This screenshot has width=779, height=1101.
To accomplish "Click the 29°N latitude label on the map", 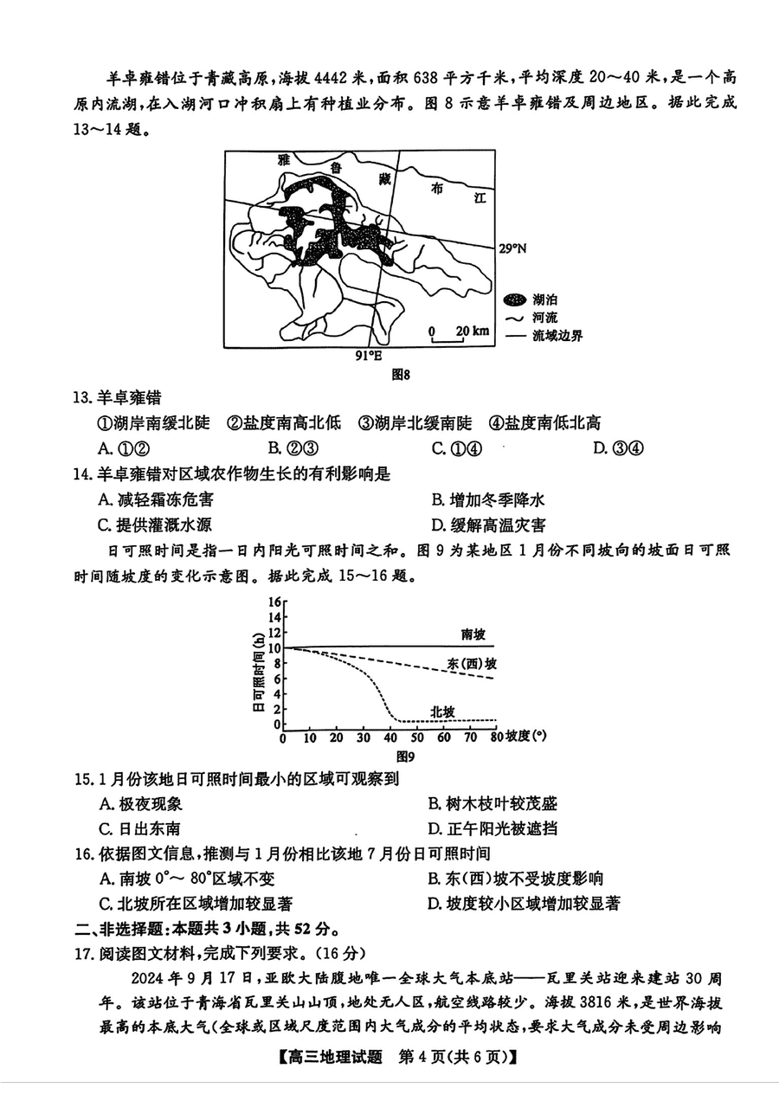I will click(x=512, y=249).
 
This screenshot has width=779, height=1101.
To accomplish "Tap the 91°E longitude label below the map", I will click(x=369, y=356).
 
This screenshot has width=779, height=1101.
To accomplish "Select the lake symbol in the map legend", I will click(x=516, y=299).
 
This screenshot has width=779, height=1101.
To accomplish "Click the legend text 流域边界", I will click(x=557, y=336).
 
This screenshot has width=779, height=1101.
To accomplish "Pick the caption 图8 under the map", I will click(x=400, y=375).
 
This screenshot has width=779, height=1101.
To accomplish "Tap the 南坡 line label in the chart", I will click(x=473, y=634).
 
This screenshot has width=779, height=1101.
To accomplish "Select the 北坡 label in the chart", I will click(x=442, y=711).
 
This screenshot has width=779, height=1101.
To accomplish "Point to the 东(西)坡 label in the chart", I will click(x=472, y=664).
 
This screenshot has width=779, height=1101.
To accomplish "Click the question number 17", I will click(x=83, y=954).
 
